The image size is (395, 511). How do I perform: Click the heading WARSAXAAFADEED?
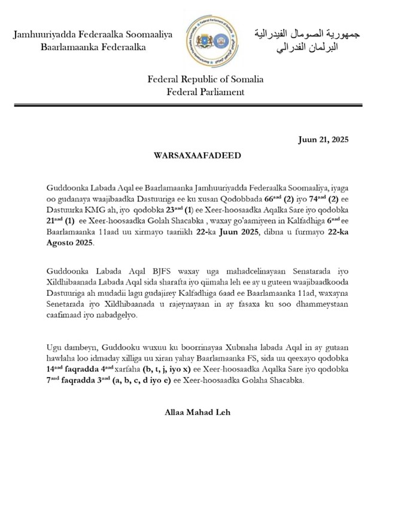[197, 155]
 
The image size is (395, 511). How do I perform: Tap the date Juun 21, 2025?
[323, 140]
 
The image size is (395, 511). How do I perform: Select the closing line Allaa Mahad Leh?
[197, 413]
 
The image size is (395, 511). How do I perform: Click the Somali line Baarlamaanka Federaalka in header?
[93, 47]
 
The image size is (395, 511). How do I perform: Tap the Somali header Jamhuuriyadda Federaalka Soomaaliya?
[93, 35]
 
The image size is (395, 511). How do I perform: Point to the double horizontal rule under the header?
[197, 106]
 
